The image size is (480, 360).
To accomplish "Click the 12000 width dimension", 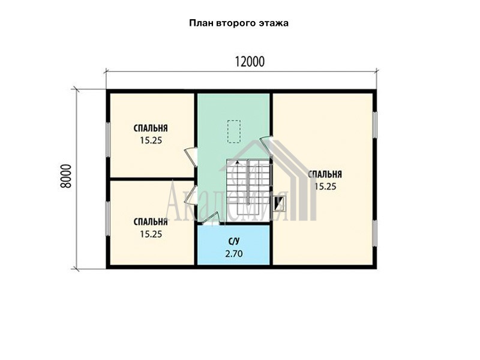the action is [x=250, y=62].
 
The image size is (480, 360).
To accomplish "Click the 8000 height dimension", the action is [x=66, y=176].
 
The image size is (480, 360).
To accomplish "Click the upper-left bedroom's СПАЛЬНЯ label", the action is [x=151, y=128].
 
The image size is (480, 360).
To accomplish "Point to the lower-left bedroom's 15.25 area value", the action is [x=151, y=234].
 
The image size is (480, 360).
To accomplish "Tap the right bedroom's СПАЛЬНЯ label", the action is [x=325, y=175].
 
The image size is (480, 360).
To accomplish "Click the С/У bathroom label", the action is [x=233, y=242].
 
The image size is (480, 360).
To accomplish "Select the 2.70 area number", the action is [x=233, y=254].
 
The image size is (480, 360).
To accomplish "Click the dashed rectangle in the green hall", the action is [x=234, y=131].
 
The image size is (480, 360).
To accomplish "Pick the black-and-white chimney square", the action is [x=279, y=204].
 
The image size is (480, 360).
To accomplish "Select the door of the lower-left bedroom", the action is [x=190, y=194].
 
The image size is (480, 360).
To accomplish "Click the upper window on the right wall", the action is [x=374, y=125].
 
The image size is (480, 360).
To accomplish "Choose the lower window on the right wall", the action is [x=374, y=233].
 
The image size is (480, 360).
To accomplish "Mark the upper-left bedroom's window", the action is [x=108, y=140].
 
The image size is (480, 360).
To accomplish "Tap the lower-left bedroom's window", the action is [x=108, y=218].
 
